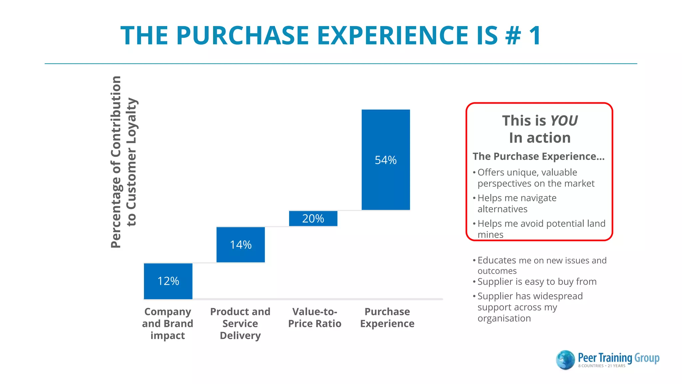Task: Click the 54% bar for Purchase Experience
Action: point(386,160)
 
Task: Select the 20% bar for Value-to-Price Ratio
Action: point(313,219)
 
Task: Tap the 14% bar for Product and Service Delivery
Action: point(240,245)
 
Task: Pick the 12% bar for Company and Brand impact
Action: point(168,281)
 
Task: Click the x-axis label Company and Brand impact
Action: point(168,323)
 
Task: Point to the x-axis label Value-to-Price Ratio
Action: point(315,317)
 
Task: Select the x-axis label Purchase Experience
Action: point(387,317)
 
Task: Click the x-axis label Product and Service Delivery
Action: point(240,323)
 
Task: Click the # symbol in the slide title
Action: point(513,35)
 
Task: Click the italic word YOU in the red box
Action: point(564,121)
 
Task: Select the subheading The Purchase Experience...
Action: point(538,156)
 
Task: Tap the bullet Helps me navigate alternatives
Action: point(516,203)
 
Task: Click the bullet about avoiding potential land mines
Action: point(541,229)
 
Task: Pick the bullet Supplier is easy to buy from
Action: point(536,282)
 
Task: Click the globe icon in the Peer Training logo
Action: point(565,360)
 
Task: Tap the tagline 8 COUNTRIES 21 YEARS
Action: point(601,366)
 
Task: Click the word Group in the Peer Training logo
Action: point(646,358)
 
